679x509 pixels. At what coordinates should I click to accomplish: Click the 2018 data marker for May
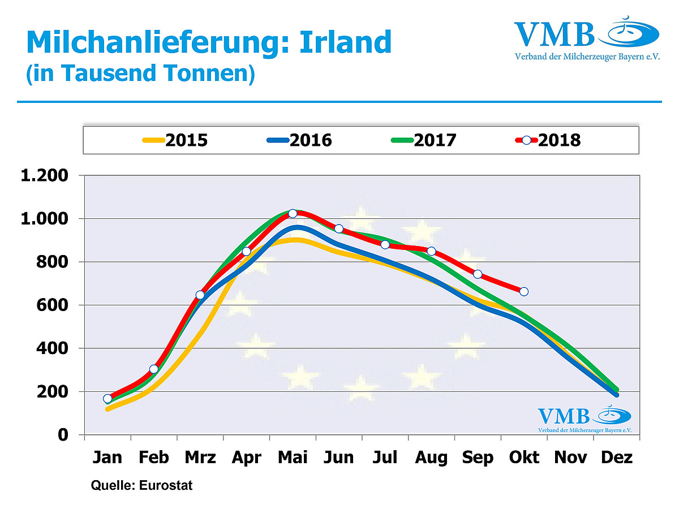tap(293, 213)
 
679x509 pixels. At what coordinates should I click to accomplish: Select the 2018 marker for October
tap(524, 291)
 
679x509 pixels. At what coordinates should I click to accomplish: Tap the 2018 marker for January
tap(108, 399)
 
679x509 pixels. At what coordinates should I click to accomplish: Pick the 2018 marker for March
tap(200, 295)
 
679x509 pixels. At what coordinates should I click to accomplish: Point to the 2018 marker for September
tap(478, 274)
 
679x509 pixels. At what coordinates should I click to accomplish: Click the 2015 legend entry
tap(175, 140)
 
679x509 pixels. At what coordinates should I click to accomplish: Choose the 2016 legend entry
tap(299, 140)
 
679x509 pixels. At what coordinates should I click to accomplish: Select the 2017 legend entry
tap(424, 140)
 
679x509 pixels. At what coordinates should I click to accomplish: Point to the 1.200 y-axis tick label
tap(45, 175)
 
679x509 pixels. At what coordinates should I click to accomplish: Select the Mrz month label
tap(200, 457)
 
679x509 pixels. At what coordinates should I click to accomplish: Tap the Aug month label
tap(431, 457)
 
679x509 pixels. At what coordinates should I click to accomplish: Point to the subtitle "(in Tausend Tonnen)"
tap(140, 74)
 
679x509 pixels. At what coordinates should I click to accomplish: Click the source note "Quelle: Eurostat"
tap(142, 486)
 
